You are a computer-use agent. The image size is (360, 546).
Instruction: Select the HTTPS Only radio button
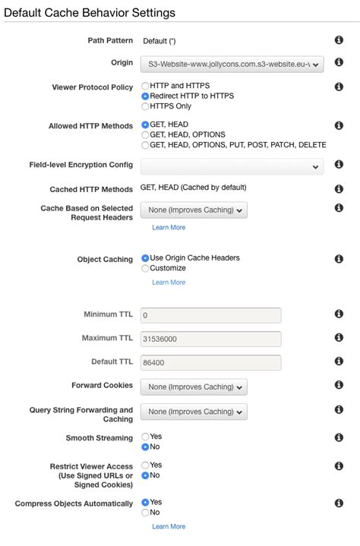145,106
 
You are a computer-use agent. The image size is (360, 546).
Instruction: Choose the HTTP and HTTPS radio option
145,87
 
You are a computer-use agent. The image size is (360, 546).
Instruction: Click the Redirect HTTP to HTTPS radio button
145,96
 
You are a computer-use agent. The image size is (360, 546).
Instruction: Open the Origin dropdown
232,65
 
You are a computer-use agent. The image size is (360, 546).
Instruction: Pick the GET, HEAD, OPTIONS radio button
145,134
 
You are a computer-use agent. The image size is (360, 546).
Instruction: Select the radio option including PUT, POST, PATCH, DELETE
145,144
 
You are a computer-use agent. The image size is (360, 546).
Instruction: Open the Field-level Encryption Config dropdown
232,166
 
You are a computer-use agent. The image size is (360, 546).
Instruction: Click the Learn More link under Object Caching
169,282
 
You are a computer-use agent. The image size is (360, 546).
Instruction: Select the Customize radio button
145,268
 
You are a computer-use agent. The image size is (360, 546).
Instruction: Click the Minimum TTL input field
210,315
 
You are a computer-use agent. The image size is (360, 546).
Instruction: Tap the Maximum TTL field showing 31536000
210,339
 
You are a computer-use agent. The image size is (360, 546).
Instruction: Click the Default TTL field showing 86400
210,362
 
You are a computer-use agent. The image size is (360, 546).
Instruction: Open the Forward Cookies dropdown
194,387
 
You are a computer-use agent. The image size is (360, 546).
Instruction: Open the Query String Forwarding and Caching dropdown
194,412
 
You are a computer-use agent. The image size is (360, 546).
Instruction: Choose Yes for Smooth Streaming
145,437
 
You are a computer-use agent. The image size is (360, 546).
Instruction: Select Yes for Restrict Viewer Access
145,465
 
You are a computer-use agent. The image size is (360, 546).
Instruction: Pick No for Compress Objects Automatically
145,513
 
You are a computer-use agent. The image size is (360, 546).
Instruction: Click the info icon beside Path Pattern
339,40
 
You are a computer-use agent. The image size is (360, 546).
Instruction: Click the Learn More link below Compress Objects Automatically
169,526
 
